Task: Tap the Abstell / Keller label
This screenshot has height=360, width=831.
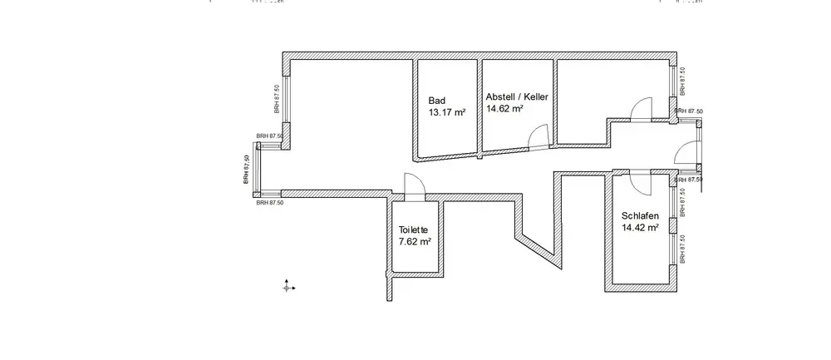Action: coord(517,96)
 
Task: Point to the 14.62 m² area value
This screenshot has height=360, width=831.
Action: coord(504,108)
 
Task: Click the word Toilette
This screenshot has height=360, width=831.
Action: coord(413,229)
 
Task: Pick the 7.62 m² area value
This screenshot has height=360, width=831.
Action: coord(415,242)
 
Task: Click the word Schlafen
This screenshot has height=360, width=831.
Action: coord(640,216)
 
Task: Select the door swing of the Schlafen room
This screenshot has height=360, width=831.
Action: coord(642,180)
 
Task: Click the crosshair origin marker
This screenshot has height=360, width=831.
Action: coord(288,286)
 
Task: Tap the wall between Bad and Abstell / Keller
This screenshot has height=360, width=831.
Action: coord(479,106)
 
